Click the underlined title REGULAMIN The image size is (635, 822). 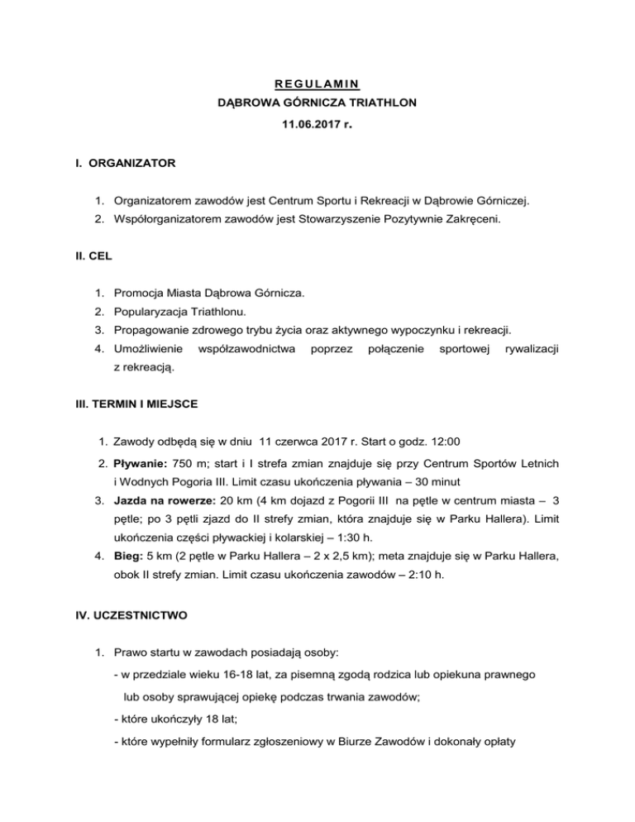[x=317, y=84]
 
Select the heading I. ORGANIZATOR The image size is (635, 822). [x=122, y=164]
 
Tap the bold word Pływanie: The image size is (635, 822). [x=141, y=461]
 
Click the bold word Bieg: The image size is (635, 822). [x=130, y=560]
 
